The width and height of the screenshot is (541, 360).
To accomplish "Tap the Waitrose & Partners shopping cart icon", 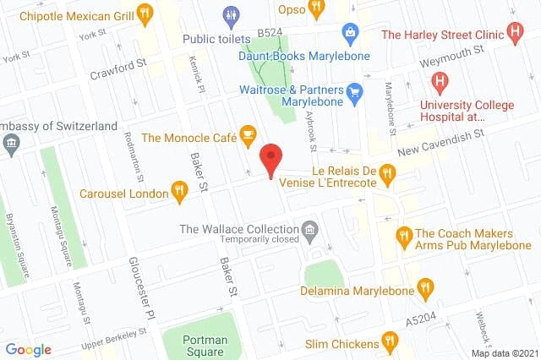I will (x=354, y=91).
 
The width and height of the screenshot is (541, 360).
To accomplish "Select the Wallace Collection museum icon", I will (x=310, y=229).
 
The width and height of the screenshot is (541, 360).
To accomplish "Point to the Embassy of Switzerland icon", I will (x=11, y=144).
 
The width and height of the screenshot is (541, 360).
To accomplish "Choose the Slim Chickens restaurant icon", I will (x=389, y=341).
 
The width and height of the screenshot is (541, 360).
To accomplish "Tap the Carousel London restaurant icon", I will (x=178, y=192).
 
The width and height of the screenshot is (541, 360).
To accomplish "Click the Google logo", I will (x=28, y=349).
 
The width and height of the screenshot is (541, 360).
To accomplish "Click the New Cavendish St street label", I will (x=440, y=141).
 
